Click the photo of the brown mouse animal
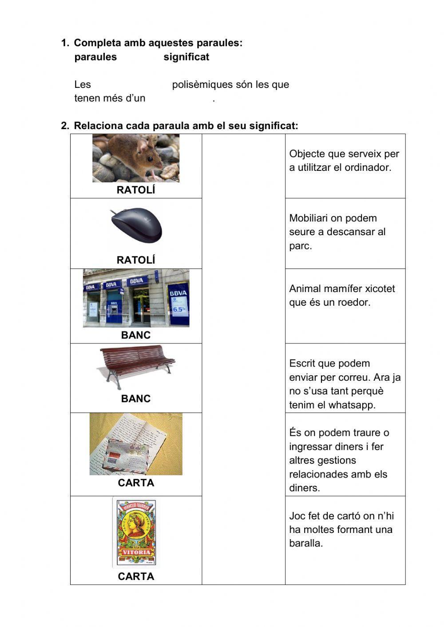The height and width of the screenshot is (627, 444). tap(136, 158)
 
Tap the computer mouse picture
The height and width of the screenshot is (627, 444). tap(136, 225)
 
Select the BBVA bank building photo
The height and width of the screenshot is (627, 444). tap(136, 298)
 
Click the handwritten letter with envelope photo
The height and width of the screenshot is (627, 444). tap(136, 444)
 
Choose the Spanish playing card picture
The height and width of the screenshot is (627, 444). tap(136, 533)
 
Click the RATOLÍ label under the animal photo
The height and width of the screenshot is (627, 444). tap(136, 190)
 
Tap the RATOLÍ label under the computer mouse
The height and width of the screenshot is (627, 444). tap(136, 260)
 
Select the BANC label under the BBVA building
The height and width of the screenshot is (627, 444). tap(136, 335)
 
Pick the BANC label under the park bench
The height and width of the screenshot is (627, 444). tap(136, 398)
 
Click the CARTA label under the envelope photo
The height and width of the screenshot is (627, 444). tap(136, 483)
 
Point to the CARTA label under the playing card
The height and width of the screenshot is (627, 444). tap(136, 576)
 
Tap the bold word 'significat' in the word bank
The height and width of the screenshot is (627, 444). tap(186, 57)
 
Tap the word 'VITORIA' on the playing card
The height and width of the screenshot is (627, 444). tap(136, 552)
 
